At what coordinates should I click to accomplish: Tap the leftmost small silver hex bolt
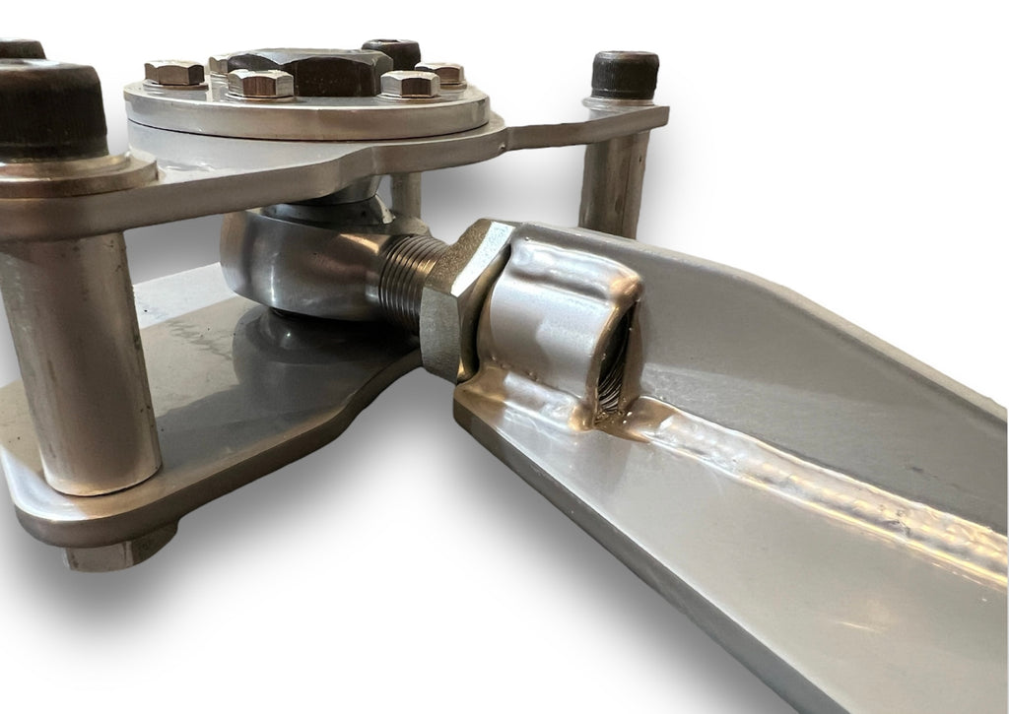click(174, 72)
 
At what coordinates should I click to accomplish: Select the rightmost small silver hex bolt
click(440, 73)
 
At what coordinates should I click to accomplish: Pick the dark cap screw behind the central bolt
click(391, 51)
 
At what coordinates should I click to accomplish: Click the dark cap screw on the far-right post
click(625, 74)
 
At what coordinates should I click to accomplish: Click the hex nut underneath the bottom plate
click(118, 554)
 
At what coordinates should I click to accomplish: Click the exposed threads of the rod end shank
click(404, 281)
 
